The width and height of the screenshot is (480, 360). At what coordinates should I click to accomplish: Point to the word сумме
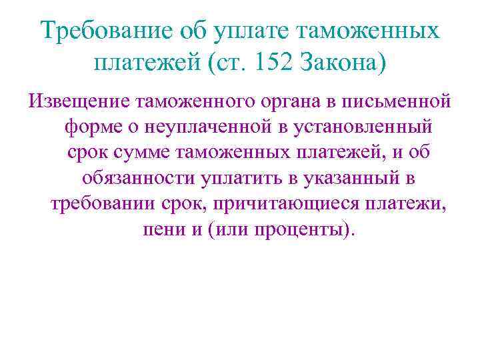(x=141, y=152)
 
